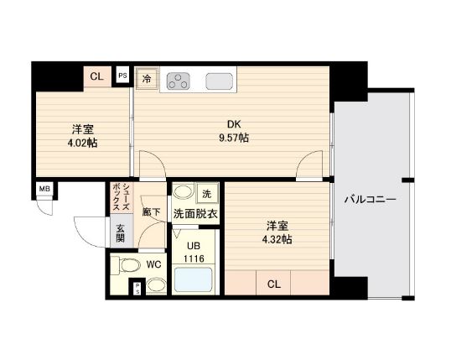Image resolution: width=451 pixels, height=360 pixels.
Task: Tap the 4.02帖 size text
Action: coord(82,143)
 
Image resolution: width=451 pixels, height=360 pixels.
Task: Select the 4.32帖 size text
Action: coord(277,239)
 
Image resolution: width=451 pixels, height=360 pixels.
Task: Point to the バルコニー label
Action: coord(370,201)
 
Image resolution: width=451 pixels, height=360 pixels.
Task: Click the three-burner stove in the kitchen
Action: coord(178,81)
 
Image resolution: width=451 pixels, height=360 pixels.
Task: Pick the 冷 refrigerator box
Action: coord(147,80)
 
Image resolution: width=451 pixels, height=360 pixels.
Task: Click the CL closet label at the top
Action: coord(96,76)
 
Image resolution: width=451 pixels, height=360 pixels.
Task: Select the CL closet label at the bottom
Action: coord(273,284)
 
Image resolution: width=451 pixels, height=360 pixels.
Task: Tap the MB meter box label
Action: coord(44,189)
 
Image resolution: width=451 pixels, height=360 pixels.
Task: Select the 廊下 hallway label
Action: coord(150,214)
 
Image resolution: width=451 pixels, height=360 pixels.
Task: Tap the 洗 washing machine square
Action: coord(207,194)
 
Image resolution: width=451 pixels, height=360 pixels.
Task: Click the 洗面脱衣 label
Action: coord(195,214)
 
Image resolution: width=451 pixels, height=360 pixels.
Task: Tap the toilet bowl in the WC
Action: coord(129,266)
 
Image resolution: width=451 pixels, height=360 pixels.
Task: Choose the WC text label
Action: coord(153,264)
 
